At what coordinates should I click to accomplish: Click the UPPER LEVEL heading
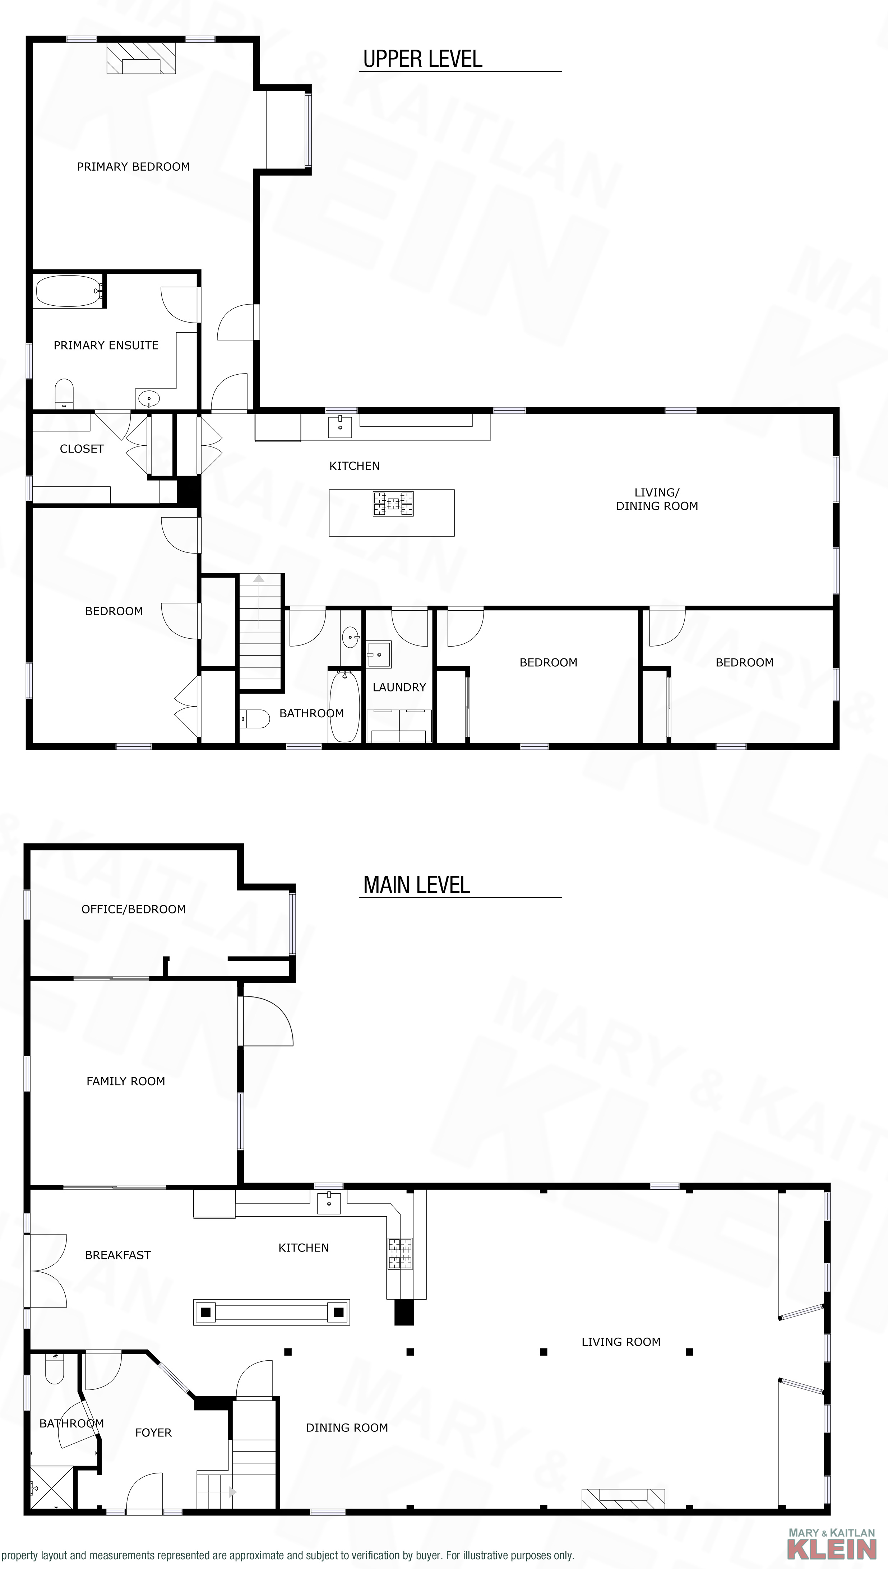[423, 59]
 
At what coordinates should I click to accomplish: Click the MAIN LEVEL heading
[417, 885]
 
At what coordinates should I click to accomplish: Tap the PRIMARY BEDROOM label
[133, 166]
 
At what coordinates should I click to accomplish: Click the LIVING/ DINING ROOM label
[657, 499]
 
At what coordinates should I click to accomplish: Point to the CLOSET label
[82, 449]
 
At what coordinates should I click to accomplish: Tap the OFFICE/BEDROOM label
[134, 909]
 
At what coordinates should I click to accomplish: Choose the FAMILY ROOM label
[126, 1081]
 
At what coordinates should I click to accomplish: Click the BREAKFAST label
[118, 1255]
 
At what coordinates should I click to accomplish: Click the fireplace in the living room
[623, 1498]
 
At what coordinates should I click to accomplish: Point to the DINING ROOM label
[347, 1427]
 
